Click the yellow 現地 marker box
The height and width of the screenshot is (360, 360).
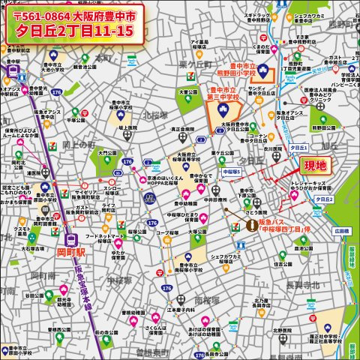click(x=315, y=166)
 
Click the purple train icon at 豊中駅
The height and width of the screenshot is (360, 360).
click(x=13, y=71)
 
